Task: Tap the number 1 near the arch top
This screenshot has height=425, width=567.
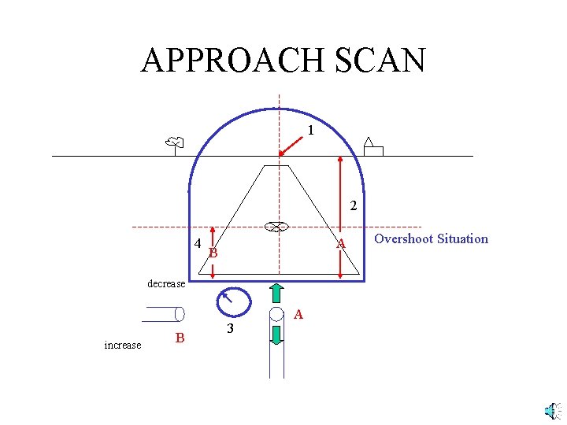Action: [311, 130]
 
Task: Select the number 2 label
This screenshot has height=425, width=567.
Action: [354, 207]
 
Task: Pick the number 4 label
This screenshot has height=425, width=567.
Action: [198, 242]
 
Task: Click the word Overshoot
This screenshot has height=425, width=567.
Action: [403, 238]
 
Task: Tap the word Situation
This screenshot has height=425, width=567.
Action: [461, 238]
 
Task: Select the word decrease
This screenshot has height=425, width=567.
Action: [166, 283]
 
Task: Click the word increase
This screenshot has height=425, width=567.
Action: [123, 345]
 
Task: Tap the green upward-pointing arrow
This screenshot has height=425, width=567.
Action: [277, 292]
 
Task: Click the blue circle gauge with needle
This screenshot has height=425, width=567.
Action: [234, 301]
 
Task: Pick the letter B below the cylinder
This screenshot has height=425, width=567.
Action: [180, 338]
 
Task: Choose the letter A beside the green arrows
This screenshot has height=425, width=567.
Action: [298, 315]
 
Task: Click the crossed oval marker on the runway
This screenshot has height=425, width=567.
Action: [274, 227]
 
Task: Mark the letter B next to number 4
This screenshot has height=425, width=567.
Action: [213, 253]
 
